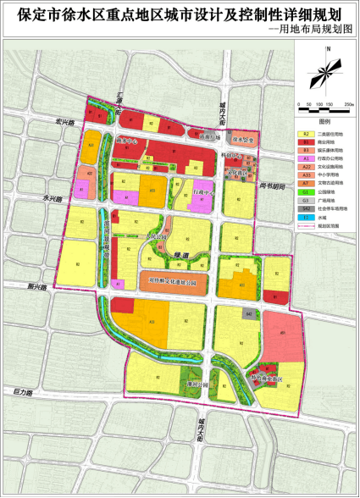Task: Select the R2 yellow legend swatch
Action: click(x=304, y=134)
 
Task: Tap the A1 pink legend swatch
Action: click(x=304, y=158)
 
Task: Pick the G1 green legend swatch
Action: click(x=304, y=191)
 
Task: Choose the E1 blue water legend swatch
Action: click(x=304, y=216)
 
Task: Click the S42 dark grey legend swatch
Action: click(x=304, y=207)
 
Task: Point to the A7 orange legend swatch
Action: click(x=304, y=183)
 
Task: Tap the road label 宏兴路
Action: click(x=66, y=121)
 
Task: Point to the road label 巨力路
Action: click(x=22, y=392)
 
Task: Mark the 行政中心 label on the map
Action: click(x=203, y=193)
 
